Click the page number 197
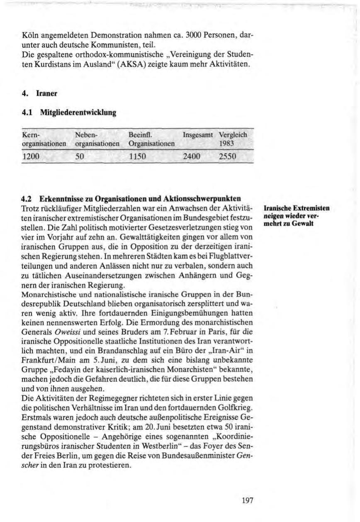click(x=247, y=500)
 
